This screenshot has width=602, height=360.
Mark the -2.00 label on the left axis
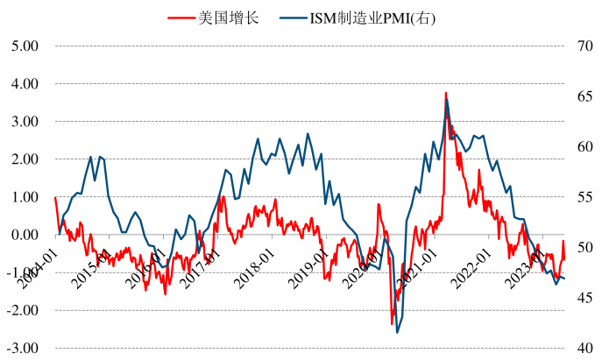(x=20, y=311)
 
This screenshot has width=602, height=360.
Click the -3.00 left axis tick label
(x=20, y=349)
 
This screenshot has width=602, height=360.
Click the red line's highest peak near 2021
(x=445, y=93)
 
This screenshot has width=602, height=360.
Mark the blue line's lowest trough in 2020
(x=397, y=332)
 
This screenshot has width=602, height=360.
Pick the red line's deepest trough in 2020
(x=392, y=324)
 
